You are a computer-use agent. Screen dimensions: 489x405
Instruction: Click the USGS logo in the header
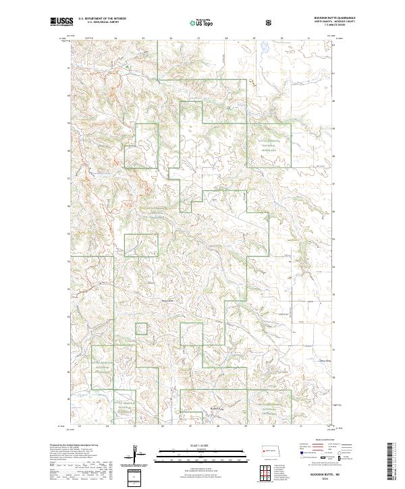[x=61, y=22]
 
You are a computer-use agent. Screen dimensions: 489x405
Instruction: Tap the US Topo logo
[x=202, y=22]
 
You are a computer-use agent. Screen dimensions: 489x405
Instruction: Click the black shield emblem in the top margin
[x=270, y=22]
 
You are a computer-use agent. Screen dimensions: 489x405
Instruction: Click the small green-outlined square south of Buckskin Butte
[x=142, y=328]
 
